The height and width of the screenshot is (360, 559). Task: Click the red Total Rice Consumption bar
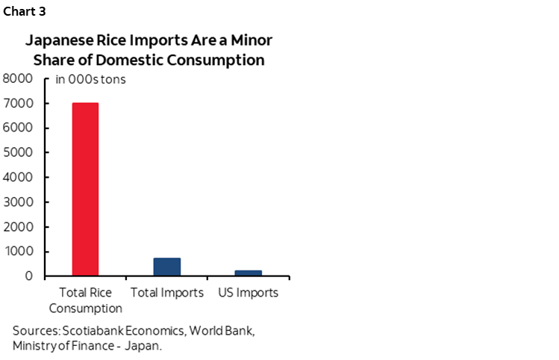[85, 189]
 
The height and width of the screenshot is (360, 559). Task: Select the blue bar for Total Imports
[167, 267]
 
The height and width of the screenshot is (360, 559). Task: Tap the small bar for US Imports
[249, 273]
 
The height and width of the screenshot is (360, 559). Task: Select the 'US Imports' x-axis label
[249, 293]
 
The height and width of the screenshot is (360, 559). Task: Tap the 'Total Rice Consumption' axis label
[85, 300]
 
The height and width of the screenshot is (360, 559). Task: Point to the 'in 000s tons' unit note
[91, 80]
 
